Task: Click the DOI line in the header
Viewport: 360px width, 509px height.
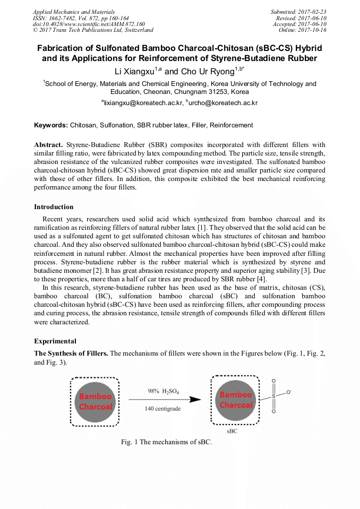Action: [88, 24]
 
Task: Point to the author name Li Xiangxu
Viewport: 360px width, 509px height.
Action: [134, 71]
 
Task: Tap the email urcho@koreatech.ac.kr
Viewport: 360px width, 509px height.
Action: [223, 103]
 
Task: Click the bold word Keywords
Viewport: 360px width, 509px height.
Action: [50, 125]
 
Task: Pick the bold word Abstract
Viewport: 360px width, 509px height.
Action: [48, 144]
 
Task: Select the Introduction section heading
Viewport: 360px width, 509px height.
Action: [54, 206]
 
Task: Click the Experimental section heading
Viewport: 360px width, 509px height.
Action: [55, 341]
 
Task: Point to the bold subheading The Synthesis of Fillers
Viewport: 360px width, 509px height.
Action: [71, 353]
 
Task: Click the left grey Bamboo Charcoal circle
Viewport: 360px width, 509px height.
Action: [95, 401]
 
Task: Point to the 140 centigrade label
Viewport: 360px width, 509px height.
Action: [163, 409]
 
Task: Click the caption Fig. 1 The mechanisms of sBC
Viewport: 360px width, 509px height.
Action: [166, 442]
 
